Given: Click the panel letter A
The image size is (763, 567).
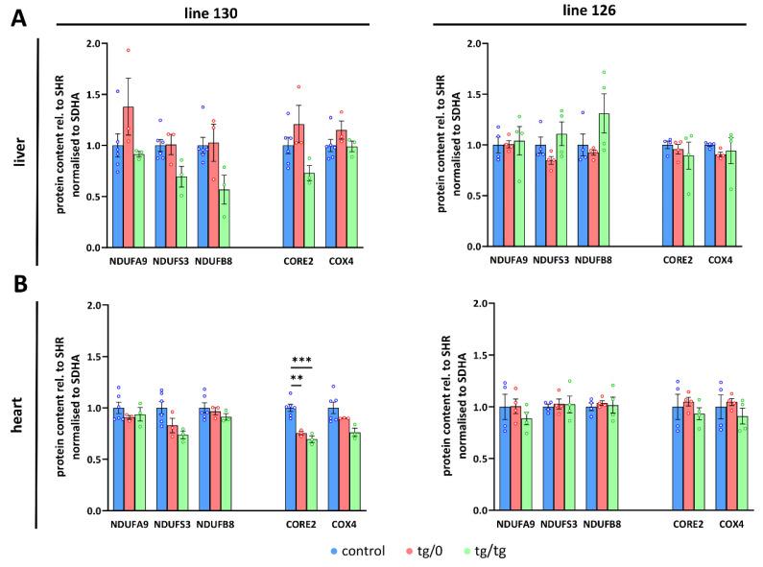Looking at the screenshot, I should click(17, 18).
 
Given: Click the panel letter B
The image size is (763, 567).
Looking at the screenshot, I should click(17, 284).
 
